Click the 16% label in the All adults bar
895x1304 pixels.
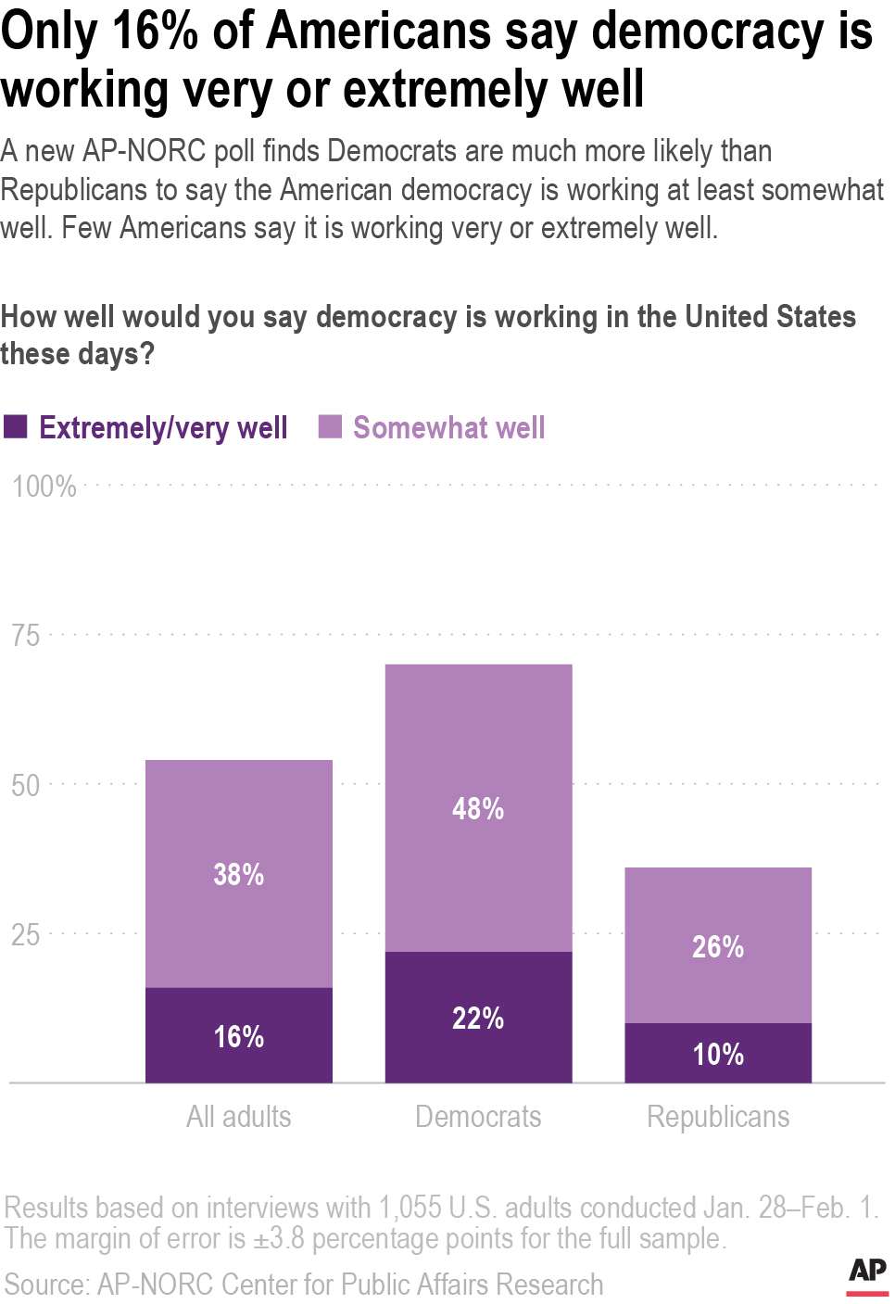[239, 1036]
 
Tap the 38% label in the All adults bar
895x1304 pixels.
[239, 874]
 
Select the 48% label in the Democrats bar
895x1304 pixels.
[478, 808]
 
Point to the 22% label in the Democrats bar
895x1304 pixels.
[478, 1018]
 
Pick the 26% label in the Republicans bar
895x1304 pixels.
[718, 946]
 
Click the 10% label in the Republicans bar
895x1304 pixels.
[718, 1054]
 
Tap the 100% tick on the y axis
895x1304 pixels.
[44, 486]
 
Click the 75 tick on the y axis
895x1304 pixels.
[26, 636]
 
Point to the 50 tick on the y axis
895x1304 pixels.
[26, 785]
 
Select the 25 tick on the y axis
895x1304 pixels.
[26, 934]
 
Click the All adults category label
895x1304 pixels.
[239, 1117]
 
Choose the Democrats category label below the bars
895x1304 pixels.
[478, 1117]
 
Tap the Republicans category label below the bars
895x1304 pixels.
[718, 1117]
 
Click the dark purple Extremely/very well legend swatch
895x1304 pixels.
[16, 426]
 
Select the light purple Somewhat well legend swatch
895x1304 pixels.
[330, 426]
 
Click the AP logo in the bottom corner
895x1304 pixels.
[867, 1274]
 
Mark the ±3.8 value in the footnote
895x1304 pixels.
[279, 1239]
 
